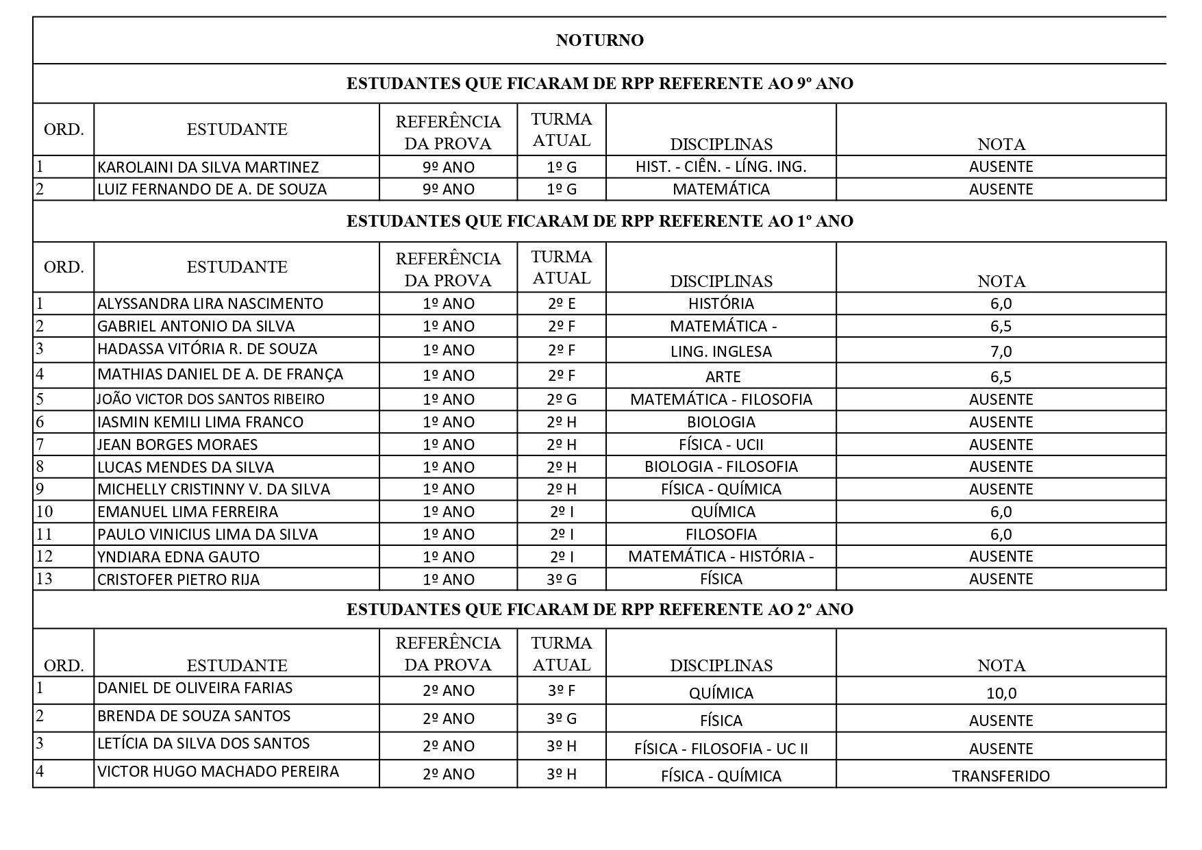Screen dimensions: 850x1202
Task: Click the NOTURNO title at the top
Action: point(599,40)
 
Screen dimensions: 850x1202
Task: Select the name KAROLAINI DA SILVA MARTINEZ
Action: point(208,167)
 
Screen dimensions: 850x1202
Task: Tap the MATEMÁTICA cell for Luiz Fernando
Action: point(721,189)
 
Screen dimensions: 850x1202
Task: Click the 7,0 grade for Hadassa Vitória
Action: point(1001,351)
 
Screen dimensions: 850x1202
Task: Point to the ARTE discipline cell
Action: point(723,377)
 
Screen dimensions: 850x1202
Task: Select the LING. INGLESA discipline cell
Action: point(721,351)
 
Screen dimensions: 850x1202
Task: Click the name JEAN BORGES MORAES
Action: point(177,445)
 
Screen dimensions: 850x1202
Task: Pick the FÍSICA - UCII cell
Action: point(721,445)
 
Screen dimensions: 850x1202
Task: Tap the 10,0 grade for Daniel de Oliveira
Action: point(1001,692)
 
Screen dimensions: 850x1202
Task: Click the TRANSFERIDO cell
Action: point(1001,776)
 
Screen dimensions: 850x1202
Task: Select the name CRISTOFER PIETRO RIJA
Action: point(179,579)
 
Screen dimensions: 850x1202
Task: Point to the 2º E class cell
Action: point(562,303)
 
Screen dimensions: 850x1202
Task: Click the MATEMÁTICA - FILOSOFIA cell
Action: point(721,399)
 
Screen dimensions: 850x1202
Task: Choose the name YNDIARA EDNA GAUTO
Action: point(179,557)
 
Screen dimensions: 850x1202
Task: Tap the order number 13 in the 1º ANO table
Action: point(45,579)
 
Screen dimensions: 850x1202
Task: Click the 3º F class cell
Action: point(562,690)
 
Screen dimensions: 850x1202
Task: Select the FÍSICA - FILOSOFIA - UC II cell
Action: point(721,749)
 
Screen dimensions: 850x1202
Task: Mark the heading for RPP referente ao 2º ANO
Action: point(599,610)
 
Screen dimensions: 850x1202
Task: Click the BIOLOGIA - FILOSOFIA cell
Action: point(721,466)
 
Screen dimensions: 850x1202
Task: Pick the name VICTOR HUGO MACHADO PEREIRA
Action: point(218,771)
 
